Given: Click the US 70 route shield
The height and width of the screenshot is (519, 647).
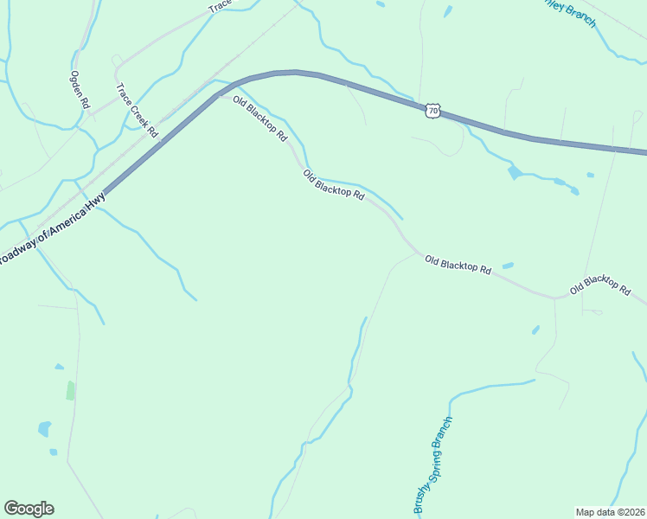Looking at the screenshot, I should [433, 110].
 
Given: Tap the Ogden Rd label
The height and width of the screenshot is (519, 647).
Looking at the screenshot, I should [80, 89].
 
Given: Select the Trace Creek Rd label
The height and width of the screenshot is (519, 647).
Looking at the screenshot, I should [138, 111].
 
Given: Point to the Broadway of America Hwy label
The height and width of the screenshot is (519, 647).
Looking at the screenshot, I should [52, 229].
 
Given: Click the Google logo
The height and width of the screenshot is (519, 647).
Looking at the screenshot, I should [29, 509].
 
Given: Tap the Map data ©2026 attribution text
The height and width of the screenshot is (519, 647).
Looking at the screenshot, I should [610, 511].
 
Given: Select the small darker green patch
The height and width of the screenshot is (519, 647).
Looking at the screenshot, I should [70, 390].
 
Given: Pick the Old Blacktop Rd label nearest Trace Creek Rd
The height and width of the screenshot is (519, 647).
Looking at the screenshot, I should [259, 120].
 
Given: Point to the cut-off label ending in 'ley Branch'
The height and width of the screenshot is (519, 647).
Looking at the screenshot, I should [571, 11].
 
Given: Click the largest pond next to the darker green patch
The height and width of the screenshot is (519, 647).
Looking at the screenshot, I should [44, 428].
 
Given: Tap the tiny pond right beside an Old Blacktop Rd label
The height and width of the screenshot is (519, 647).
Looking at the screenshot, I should [508, 265].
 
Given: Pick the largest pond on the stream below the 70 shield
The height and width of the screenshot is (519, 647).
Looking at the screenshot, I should [516, 172].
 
